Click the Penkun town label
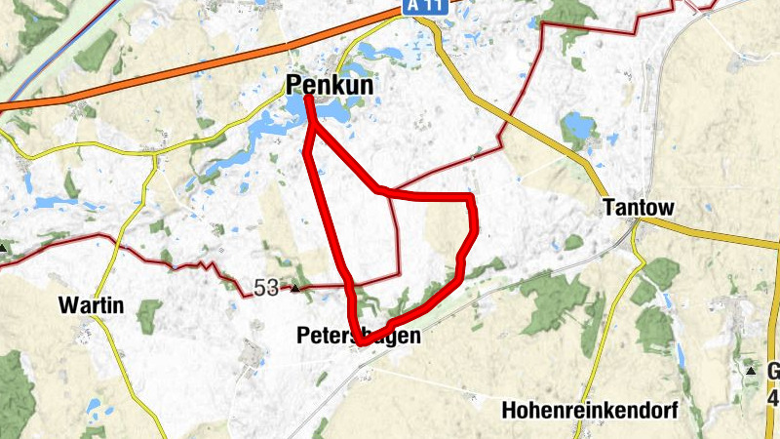[331, 86]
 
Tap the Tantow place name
[639, 208]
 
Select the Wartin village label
[91, 305]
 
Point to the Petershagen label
[359, 337]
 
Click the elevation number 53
[265, 287]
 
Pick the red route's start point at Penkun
[309, 99]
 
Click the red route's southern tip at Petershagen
[361, 343]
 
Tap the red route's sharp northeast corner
[472, 198]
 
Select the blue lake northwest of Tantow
[577, 127]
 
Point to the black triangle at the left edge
[3, 248]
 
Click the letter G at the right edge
[773, 372]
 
